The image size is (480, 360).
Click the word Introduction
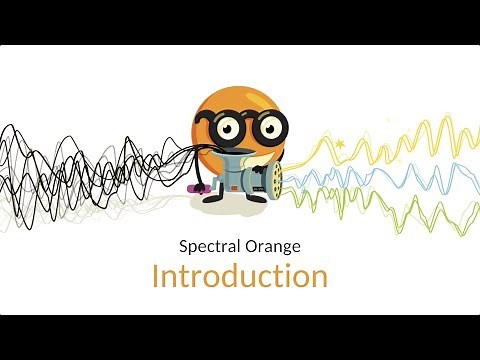click(240, 275)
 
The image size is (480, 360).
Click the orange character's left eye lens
click(225, 128)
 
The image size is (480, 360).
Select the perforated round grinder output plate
click(271, 182)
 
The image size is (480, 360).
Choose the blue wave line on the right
click(400, 175)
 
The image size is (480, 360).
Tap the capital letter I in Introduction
click(156, 275)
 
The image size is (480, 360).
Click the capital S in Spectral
click(183, 244)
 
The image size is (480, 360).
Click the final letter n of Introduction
click(319, 277)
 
